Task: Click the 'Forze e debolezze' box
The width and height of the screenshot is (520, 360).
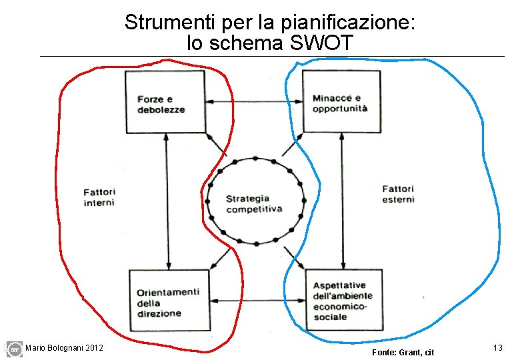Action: coord(165,101)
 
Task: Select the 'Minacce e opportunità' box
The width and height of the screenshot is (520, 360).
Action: coord(341,101)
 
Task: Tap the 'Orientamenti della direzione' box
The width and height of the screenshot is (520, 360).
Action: coord(169,298)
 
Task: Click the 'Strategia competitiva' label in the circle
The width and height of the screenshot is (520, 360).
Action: coord(254,203)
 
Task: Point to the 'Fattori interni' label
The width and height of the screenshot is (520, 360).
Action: coord(99,197)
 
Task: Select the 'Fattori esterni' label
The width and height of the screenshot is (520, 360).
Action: coord(398,194)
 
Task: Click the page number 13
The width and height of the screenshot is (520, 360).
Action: coord(497,348)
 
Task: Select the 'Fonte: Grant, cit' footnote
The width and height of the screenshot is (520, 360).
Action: coord(403,351)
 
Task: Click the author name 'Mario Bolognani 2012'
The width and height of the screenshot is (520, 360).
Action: coord(64,347)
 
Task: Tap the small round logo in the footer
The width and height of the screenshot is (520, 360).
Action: coord(14,349)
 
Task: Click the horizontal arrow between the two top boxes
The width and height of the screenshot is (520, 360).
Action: coord(254,101)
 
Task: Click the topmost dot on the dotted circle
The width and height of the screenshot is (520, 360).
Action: coord(255,159)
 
